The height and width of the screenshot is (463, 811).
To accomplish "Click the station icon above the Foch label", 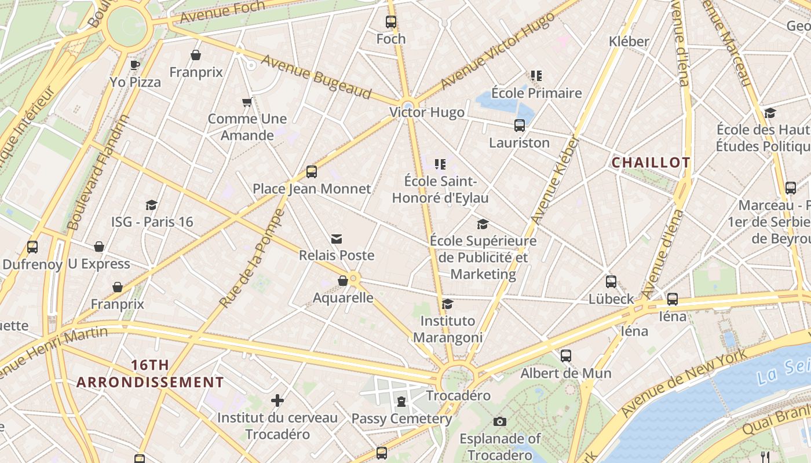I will tap(391, 22).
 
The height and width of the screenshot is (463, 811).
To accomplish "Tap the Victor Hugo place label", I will tap(426, 112).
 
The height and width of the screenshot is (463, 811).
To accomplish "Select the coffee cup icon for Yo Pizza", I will tap(135, 65).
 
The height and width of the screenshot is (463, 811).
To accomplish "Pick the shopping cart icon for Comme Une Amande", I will tap(247, 102).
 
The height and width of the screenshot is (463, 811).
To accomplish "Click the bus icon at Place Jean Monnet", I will tap(312, 171).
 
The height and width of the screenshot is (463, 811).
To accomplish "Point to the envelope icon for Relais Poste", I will tap(337, 239).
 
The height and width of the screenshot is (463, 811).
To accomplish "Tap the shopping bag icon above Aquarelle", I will tap(343, 281).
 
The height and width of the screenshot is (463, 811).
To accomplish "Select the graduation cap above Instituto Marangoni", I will tap(447, 304).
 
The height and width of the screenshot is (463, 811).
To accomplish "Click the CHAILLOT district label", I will tap(651, 163).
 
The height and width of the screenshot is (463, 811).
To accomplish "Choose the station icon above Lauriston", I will tap(520, 126).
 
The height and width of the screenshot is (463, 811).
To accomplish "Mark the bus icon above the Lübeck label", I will tap(611, 282).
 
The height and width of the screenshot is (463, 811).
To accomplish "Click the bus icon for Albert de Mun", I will tap(566, 356).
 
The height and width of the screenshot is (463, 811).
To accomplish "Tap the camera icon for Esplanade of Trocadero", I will tap(500, 421).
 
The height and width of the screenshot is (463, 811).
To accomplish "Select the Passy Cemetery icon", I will tap(401, 401).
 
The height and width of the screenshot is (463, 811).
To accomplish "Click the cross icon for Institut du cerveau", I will tap(277, 400).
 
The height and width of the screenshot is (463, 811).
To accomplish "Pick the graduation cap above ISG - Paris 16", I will tap(152, 205).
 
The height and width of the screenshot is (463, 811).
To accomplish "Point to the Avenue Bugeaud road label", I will tap(316, 76).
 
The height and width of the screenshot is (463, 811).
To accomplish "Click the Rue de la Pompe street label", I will tap(252, 258).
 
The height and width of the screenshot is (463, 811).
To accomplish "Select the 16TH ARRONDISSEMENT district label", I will tap(150, 374).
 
